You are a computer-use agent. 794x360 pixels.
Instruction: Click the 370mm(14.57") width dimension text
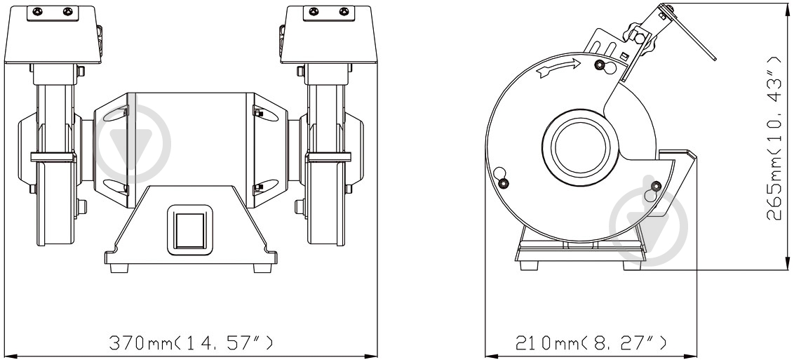(190, 342)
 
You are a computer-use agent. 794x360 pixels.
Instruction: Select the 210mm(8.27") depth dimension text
(591, 342)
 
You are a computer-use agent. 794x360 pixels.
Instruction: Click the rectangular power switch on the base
(187, 228)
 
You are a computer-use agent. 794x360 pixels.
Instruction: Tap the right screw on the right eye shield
(343, 11)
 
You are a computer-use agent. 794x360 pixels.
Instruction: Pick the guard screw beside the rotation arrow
(600, 65)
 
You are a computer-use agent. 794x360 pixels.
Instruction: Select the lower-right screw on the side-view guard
(656, 186)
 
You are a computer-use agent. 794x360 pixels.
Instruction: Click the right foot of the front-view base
(261, 267)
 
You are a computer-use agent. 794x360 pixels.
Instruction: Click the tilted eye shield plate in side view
(691, 35)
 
